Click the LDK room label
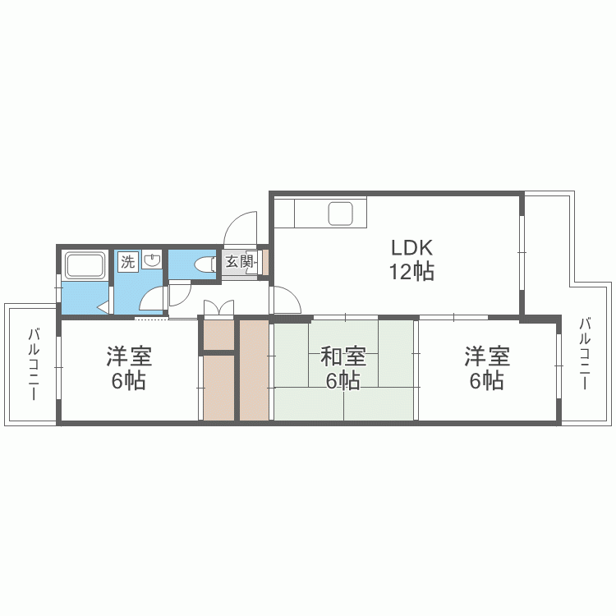click(x=411, y=247)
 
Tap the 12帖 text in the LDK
click(x=411, y=272)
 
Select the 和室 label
click(x=343, y=356)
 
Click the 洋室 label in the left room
click(x=129, y=356)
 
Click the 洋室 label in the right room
click(x=487, y=356)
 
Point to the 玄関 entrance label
click(x=239, y=261)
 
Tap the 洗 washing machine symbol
click(x=127, y=261)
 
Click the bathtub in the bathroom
click(x=85, y=265)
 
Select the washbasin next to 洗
click(x=152, y=260)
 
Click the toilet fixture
click(x=205, y=264)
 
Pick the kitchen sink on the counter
click(x=340, y=214)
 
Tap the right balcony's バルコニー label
click(x=585, y=354)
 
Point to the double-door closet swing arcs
click(x=218, y=307)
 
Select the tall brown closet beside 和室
click(x=255, y=370)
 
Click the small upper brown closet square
click(x=219, y=335)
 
